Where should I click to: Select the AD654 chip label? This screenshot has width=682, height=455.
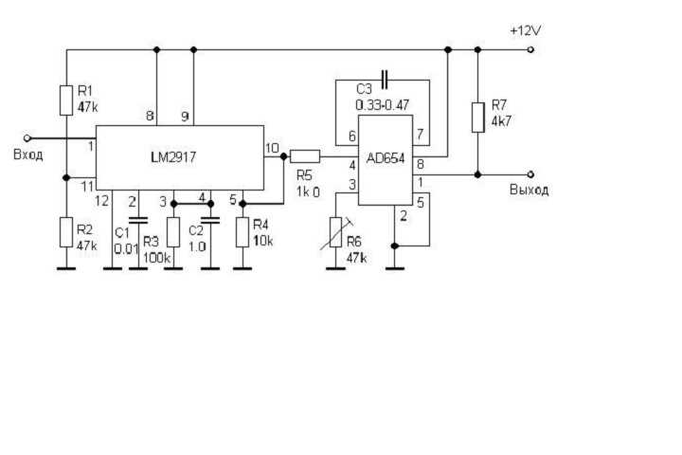(x=386, y=159)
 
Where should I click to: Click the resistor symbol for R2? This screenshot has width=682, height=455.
(x=65, y=230)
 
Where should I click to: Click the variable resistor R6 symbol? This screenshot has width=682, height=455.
(x=335, y=232)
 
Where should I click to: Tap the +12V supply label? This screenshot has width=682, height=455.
(x=525, y=30)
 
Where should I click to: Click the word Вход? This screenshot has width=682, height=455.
(x=27, y=155)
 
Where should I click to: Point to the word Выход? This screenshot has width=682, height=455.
(x=529, y=190)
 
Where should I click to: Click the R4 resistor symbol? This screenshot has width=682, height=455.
(x=242, y=231)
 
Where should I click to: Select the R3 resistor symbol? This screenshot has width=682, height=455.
(x=173, y=231)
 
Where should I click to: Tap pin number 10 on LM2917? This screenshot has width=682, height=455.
(x=272, y=148)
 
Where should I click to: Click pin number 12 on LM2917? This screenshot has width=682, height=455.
(x=103, y=200)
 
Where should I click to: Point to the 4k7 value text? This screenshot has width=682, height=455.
(x=500, y=122)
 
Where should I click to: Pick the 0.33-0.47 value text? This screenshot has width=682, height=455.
(x=383, y=103)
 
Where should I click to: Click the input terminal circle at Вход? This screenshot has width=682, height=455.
(x=27, y=137)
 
